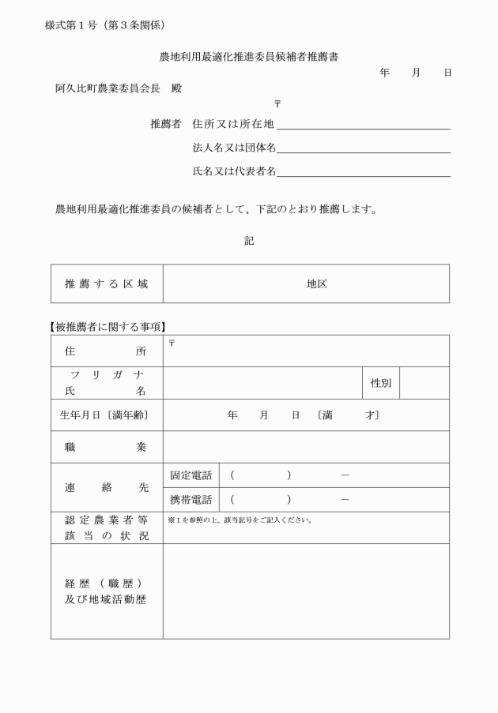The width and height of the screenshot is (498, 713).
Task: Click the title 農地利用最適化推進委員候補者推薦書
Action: point(249,57)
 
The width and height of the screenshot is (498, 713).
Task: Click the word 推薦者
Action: point(166,124)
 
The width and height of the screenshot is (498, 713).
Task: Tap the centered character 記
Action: point(249,241)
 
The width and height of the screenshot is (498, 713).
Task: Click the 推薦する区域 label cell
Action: point(107,283)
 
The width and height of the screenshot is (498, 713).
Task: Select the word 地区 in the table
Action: point(317,284)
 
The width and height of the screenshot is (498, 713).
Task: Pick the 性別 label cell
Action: point(381,383)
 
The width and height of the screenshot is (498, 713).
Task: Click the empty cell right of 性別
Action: point(424,383)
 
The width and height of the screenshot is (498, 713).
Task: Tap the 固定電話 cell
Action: point(191,475)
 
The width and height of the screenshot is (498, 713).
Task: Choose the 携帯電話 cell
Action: point(191,500)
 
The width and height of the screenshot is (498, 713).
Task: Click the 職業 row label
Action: point(107,447)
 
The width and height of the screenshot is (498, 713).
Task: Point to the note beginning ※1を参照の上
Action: point(240,520)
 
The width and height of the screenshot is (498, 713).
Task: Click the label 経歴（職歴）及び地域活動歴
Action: point(107,591)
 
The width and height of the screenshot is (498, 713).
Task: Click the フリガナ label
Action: point(107,374)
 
